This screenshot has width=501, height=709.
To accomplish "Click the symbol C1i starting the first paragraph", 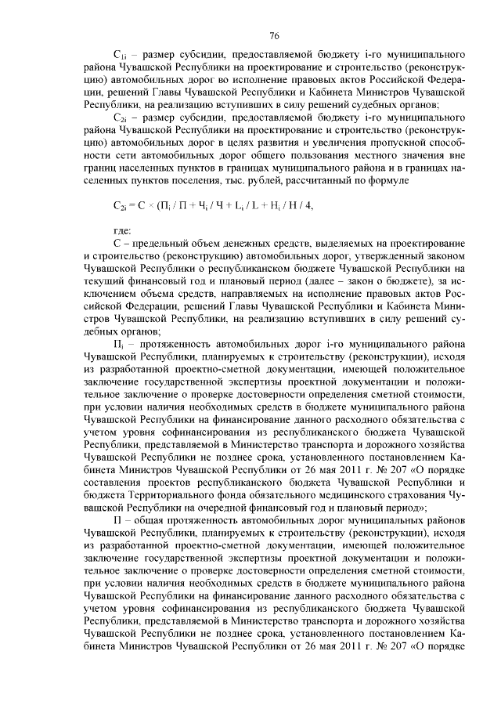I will pyautogui.click(x=119, y=56).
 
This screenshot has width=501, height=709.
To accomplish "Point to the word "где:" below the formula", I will pyautogui.click(x=121, y=230).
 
